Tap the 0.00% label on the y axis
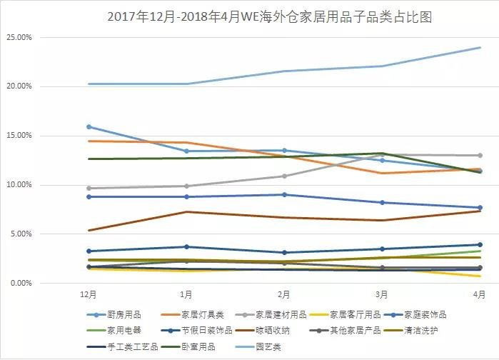21,284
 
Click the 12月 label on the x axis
88,294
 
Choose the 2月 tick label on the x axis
284,294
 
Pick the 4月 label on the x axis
480,294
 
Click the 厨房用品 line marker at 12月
88,126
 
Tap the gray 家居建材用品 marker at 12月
88,188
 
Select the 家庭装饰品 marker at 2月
284,194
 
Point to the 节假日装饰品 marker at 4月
480,244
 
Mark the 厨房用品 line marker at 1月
186,151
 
